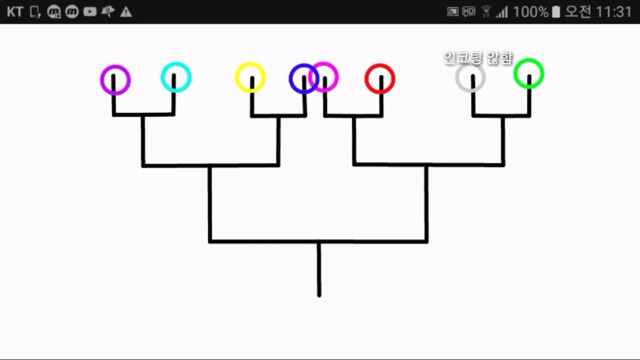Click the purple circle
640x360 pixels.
click(x=115, y=79)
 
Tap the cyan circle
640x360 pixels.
click(x=176, y=77)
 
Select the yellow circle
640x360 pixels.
click(x=250, y=77)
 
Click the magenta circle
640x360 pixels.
click(x=324, y=77)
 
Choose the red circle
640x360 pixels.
click(x=380, y=78)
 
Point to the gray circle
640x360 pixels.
click(x=470, y=78)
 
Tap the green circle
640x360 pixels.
click(x=528, y=74)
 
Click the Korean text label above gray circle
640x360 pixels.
click(x=478, y=58)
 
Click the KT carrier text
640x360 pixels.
click(x=15, y=11)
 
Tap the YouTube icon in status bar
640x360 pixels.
click(x=90, y=11)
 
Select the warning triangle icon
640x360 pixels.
click(x=126, y=12)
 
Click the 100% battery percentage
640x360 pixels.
click(x=530, y=11)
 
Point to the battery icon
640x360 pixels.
click(x=556, y=11)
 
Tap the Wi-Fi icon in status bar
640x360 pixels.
click(x=486, y=11)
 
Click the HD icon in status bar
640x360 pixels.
click(x=468, y=11)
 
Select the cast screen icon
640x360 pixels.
click(x=452, y=11)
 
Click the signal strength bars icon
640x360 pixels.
click(x=501, y=12)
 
